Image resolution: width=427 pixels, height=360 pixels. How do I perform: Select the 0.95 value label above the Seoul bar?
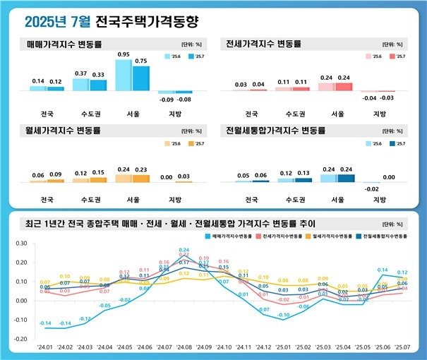tap(124, 54)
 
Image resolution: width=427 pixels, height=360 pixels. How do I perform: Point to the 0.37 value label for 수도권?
tap(81, 73)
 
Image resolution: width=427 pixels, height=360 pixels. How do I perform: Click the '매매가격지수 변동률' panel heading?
tap(64, 44)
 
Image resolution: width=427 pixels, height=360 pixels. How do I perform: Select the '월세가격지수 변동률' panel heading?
tap(64, 131)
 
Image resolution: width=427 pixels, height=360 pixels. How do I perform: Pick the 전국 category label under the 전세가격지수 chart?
tap(251, 113)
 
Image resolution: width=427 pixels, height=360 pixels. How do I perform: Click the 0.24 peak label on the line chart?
tap(184, 250)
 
